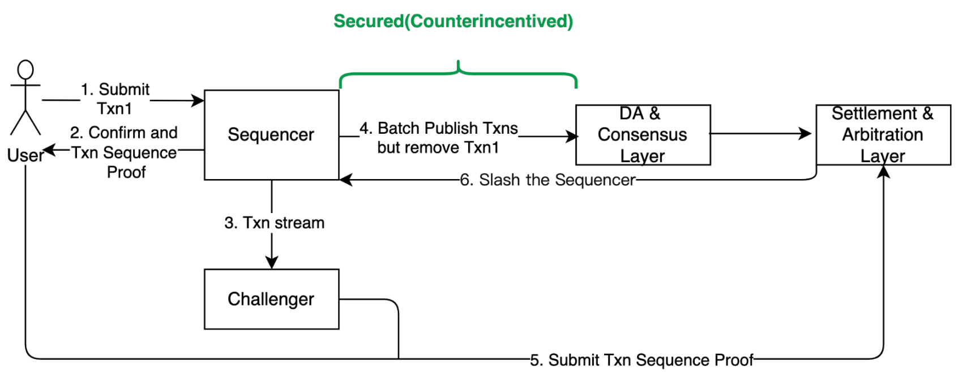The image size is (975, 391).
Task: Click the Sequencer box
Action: point(271,134)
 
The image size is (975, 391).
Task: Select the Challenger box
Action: point(271,299)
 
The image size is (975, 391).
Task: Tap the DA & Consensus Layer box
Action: point(643,134)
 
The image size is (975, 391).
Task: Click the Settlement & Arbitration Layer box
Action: point(883,134)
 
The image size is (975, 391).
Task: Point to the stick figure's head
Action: point(25,70)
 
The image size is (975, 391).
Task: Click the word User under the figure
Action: point(25,155)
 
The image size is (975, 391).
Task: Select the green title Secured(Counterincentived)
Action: point(453,21)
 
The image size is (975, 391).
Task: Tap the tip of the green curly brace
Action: point(458,62)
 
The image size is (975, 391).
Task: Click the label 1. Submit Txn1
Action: point(115,98)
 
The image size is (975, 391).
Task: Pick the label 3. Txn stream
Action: point(274,223)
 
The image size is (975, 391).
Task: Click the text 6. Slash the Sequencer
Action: point(547,180)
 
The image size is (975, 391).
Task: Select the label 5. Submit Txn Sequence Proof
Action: point(642,360)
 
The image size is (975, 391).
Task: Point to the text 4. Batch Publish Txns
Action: point(439,128)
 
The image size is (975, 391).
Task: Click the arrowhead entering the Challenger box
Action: point(272,262)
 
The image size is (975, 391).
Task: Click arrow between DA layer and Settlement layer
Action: point(759,134)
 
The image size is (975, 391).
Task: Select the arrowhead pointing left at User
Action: point(49,150)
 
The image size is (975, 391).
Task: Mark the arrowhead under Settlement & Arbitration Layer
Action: point(883,172)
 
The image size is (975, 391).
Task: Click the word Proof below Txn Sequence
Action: point(126,172)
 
